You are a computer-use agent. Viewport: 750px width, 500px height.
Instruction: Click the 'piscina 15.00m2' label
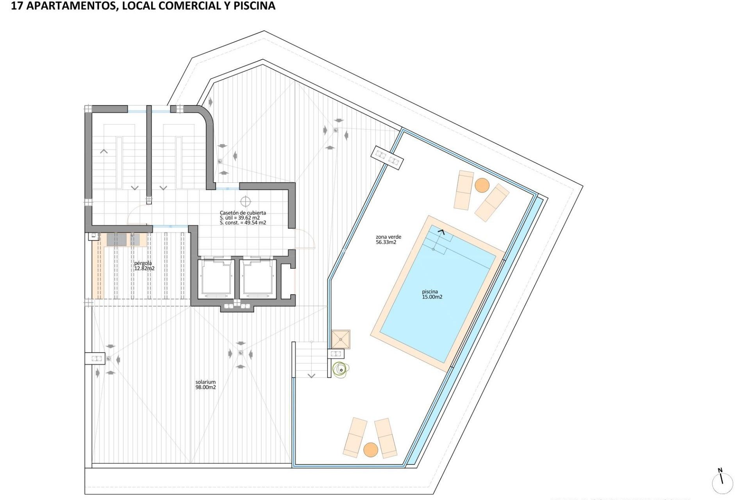pos(432,294)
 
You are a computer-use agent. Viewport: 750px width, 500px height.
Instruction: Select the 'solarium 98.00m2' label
pos(205,385)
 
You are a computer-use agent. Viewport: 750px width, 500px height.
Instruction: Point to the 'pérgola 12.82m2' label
pos(144,266)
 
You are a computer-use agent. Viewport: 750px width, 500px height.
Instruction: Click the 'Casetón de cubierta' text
pos(243,213)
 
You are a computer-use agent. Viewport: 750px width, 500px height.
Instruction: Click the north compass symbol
pos(722,482)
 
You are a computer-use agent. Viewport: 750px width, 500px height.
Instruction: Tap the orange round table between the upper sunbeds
pos(482,185)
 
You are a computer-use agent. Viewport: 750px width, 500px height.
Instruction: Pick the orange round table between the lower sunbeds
pos(371,450)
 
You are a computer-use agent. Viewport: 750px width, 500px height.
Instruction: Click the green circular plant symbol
pos(341,370)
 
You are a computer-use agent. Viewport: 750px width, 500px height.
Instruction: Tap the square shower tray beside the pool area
pos(341,339)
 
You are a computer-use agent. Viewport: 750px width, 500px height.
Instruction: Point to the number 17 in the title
pos(16,6)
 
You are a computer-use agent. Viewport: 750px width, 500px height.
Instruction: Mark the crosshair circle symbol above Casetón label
pos(245,202)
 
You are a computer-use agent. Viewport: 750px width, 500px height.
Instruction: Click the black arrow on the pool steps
pos(441,232)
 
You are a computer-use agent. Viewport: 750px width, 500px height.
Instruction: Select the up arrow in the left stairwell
pos(104,151)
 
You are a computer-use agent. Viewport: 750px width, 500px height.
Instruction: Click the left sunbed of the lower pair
pos(355,437)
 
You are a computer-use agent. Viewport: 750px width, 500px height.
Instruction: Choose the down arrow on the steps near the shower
pos(311,376)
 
